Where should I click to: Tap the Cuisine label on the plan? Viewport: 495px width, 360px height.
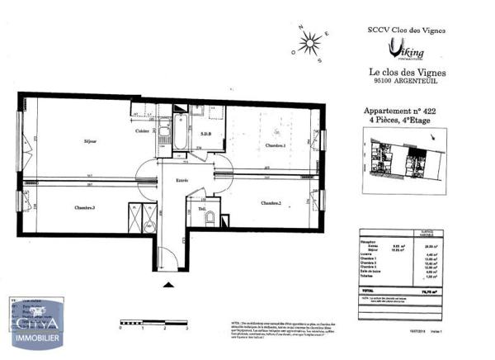coord(143,131)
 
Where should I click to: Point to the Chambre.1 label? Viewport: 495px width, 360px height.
coord(275,145)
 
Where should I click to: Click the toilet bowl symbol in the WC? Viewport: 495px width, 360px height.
coord(210,218)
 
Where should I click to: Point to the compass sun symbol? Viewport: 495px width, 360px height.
coord(309,42)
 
